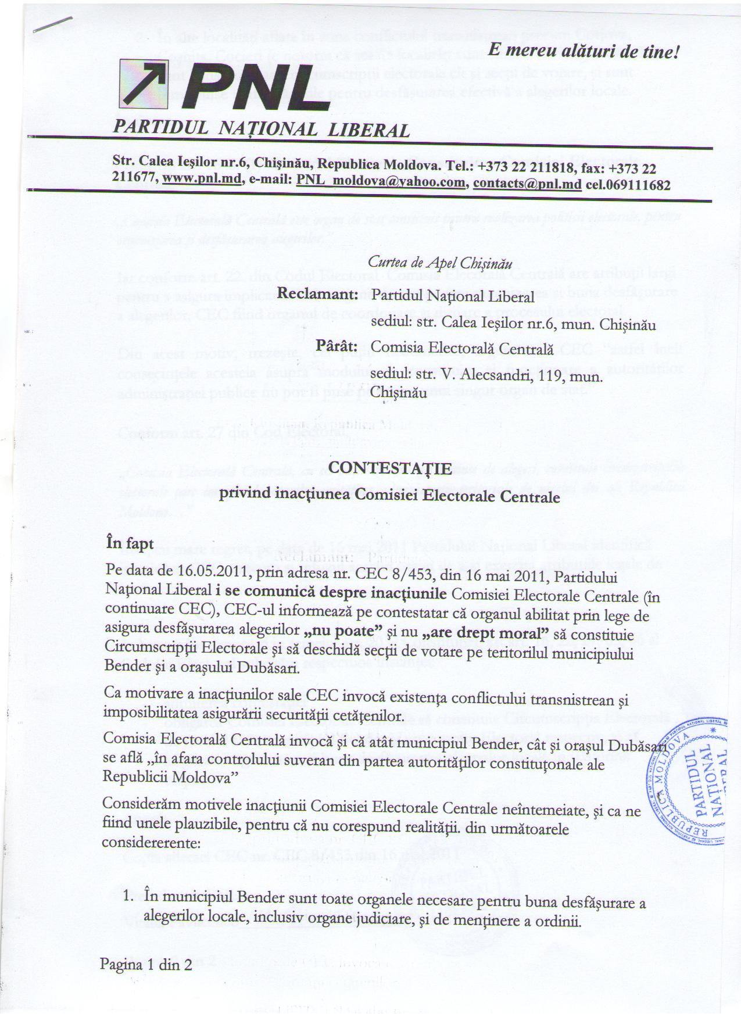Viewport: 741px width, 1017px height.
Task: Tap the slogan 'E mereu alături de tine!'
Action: (584, 51)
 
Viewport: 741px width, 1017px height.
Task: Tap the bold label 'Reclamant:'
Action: (316, 295)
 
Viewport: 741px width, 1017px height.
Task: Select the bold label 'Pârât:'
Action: (335, 346)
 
